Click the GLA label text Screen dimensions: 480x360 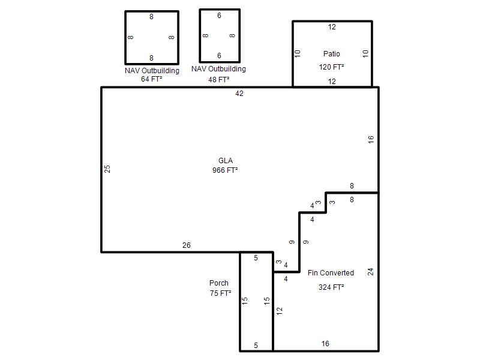(226, 161)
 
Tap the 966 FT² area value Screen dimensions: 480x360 (225, 170)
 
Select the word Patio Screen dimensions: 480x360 (332, 54)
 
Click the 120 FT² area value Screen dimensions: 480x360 (331, 67)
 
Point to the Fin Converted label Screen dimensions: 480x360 (331, 273)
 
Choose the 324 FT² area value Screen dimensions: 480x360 (331, 287)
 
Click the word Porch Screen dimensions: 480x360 (219, 283)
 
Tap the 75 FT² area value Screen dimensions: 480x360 (220, 293)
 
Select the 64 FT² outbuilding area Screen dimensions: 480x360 (152, 79)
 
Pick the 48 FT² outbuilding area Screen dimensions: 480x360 (219, 80)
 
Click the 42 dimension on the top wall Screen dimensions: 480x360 (239, 94)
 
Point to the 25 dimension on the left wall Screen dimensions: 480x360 (107, 169)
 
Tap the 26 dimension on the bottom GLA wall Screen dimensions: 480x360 (187, 245)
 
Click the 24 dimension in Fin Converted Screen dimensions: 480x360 (370, 272)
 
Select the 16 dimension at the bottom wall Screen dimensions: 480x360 (325, 344)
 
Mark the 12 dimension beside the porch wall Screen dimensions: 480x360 (279, 311)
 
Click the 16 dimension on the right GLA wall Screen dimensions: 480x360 (371, 140)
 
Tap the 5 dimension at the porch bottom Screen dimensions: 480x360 (256, 346)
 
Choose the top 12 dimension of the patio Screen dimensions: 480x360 (332, 27)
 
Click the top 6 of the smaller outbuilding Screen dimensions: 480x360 (219, 16)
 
